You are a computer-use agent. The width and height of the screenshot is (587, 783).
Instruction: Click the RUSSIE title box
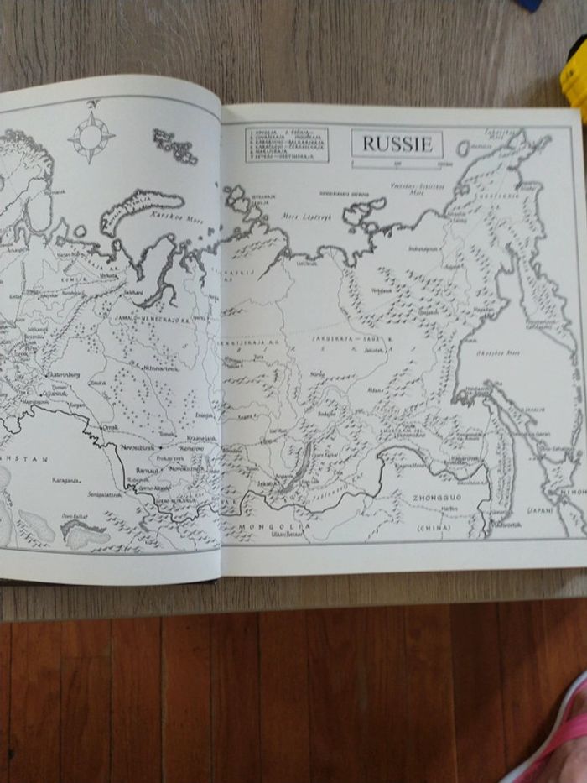(397, 144)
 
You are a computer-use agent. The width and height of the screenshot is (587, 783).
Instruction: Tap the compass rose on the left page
(91, 137)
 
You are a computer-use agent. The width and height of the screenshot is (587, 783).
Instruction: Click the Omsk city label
(110, 427)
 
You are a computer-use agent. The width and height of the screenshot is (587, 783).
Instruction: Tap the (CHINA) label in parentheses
(434, 528)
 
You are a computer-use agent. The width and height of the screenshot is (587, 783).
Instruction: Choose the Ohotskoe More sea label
(499, 353)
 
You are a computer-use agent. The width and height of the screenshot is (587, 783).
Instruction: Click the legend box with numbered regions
(287, 144)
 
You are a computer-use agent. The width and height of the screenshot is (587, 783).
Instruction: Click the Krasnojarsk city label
(201, 439)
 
